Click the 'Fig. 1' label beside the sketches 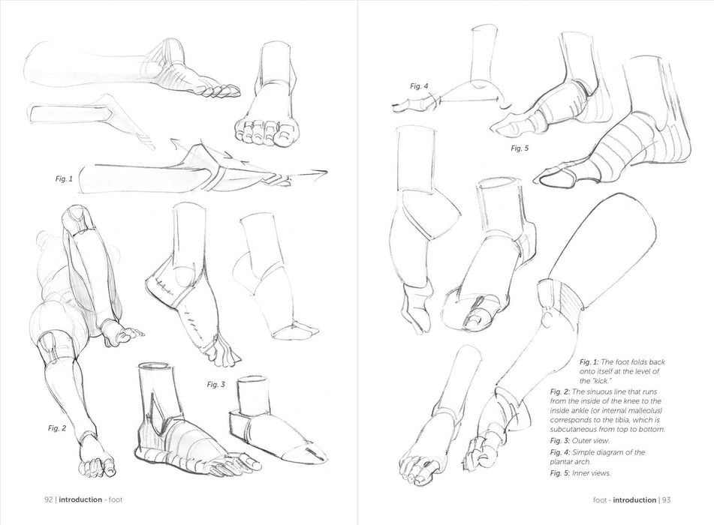pos(64,178)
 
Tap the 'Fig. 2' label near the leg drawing pos(57,428)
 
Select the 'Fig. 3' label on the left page pos(215,385)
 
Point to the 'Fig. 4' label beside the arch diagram pos(419,86)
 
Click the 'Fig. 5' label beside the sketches pos(520,148)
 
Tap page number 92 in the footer pos(48,499)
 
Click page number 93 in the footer pos(666,500)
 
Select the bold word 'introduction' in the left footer pos(80,499)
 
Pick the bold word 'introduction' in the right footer pos(634,500)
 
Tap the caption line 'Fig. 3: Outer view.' pos(580,440)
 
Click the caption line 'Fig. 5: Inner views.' pos(580,473)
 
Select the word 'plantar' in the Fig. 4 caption pos(562,462)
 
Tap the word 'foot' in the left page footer pos(116,499)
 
